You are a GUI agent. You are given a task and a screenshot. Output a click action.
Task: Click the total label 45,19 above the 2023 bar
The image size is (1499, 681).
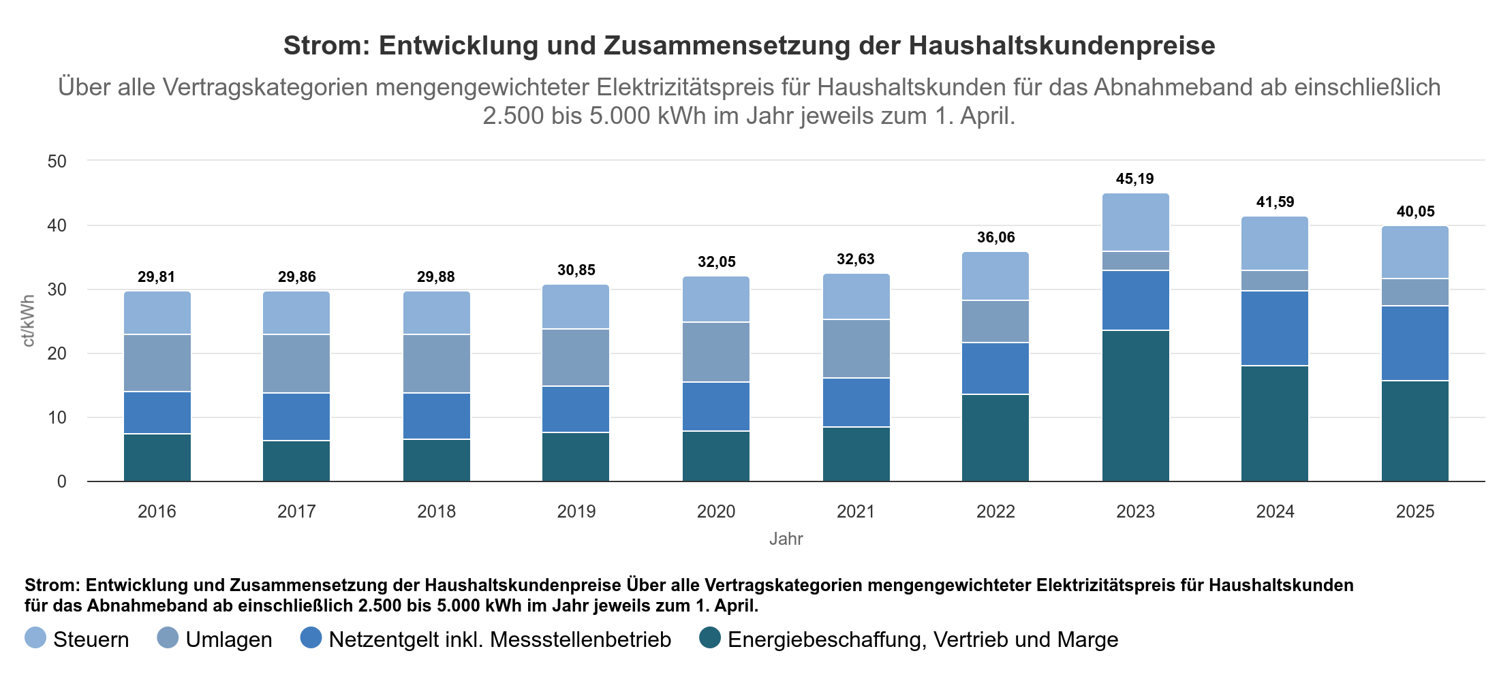(x=1134, y=179)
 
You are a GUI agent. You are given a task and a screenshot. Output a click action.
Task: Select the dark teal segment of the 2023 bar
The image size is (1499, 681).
(x=1135, y=406)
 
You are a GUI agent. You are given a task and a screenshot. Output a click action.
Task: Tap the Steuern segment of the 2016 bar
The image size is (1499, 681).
(x=157, y=313)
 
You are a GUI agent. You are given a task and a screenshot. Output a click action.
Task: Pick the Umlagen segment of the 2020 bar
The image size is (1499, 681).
(x=716, y=352)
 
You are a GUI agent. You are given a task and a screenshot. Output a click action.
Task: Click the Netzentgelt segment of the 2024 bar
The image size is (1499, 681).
(x=1275, y=328)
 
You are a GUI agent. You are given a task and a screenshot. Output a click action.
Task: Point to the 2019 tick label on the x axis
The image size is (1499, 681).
(x=576, y=511)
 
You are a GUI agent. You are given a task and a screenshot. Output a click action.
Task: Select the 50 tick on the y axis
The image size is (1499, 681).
(x=57, y=161)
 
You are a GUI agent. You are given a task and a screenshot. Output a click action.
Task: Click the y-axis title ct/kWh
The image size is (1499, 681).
(x=29, y=321)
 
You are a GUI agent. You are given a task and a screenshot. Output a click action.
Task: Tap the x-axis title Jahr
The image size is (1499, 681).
(x=786, y=539)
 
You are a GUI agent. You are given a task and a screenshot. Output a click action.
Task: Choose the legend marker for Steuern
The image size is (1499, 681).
(x=35, y=638)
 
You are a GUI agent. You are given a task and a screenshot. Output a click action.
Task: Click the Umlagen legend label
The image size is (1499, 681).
(x=229, y=639)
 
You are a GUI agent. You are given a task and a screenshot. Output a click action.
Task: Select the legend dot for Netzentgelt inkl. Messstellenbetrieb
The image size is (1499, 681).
(x=311, y=638)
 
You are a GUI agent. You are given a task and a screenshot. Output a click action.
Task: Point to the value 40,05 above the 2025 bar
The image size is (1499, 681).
(x=1415, y=212)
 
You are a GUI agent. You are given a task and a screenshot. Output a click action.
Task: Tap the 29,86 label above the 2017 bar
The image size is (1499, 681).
(x=296, y=277)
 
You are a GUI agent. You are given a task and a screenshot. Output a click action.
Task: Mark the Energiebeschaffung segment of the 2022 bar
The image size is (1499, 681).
(x=995, y=438)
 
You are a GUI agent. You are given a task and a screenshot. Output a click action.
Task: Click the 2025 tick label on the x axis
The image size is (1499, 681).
(x=1415, y=511)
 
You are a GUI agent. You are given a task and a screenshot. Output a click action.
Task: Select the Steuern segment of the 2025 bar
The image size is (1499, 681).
(x=1415, y=253)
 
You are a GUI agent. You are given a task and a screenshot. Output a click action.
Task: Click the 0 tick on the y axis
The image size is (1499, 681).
(x=62, y=481)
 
